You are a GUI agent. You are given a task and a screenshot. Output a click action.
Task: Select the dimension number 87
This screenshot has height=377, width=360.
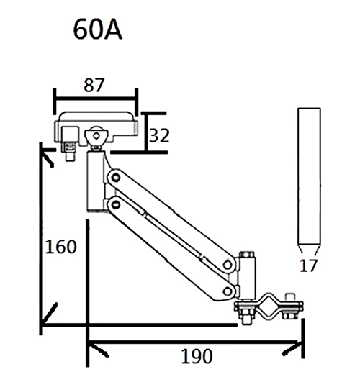pos(94,84)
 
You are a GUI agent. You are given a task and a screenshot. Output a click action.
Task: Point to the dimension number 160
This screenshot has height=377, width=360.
pos(60,247)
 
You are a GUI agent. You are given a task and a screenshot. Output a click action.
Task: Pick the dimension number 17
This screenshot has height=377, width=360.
pos(308,265)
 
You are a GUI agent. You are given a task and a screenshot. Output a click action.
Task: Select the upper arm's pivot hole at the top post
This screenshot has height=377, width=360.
pos(113,176)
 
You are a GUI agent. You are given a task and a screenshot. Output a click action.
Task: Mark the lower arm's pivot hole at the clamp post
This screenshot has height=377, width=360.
pos(228,291)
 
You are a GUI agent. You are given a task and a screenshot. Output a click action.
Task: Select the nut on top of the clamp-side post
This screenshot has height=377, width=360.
pos(246,255)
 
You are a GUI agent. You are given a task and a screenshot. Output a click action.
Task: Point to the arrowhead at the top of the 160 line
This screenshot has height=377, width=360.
pos(45,153)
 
